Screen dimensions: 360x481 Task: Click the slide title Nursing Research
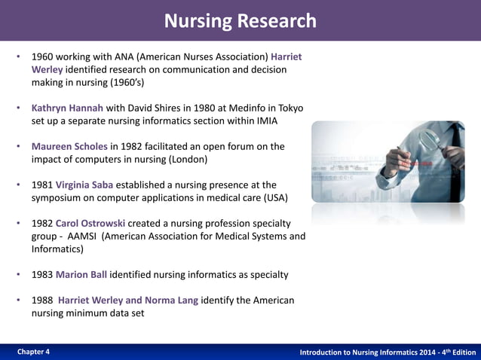coord(240,20)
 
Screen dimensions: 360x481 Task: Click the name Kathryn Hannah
coord(67,108)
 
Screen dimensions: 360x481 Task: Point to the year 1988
coord(42,301)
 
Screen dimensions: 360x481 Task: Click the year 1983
coord(42,275)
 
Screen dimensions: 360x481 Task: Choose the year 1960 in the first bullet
coord(42,56)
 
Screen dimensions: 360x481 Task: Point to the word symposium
coord(60,198)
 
